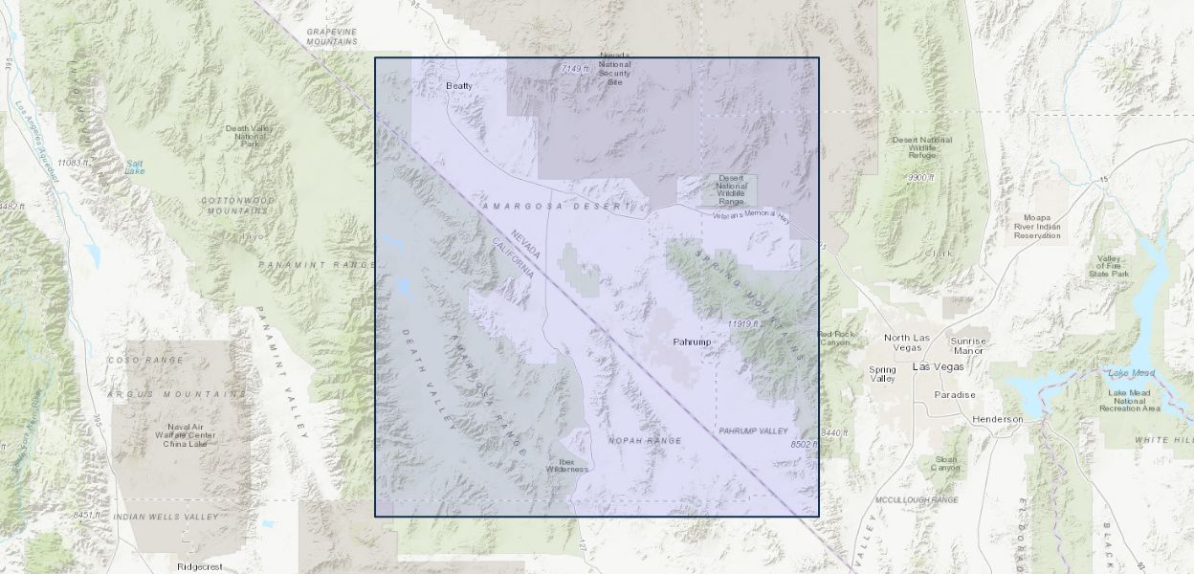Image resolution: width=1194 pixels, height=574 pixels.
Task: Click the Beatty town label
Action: [x=459, y=85]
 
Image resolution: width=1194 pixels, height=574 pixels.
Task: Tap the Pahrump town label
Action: [x=692, y=342]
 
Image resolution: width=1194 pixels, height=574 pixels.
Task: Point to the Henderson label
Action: [x=997, y=419]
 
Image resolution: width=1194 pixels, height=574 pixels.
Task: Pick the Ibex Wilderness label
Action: [x=567, y=464]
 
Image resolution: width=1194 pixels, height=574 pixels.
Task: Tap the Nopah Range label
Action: [x=645, y=440]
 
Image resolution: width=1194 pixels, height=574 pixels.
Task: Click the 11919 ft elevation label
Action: [x=742, y=323]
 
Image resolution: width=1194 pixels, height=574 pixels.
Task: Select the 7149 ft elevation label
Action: [x=576, y=68]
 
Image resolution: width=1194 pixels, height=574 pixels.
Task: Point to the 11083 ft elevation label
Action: [x=73, y=163]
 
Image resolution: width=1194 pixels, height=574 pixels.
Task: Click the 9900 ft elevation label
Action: [x=920, y=177]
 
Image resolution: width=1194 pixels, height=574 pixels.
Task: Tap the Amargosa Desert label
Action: [x=558, y=206]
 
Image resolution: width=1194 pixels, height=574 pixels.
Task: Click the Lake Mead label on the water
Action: [x=1130, y=372]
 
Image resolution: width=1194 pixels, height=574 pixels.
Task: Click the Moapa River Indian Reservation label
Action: [x=1038, y=227]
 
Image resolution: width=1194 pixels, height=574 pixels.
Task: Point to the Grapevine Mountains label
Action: [x=331, y=36]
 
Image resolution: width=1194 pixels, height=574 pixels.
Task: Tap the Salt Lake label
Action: [x=135, y=166]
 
